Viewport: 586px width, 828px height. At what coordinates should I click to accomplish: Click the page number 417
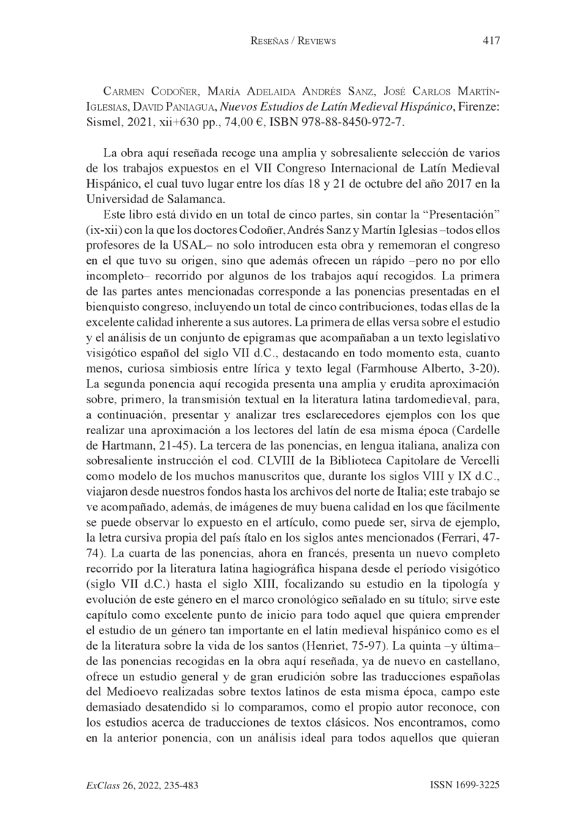(491, 40)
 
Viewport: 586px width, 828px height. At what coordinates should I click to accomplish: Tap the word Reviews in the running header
(312, 41)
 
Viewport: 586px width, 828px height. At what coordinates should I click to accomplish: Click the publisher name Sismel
(103, 122)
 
